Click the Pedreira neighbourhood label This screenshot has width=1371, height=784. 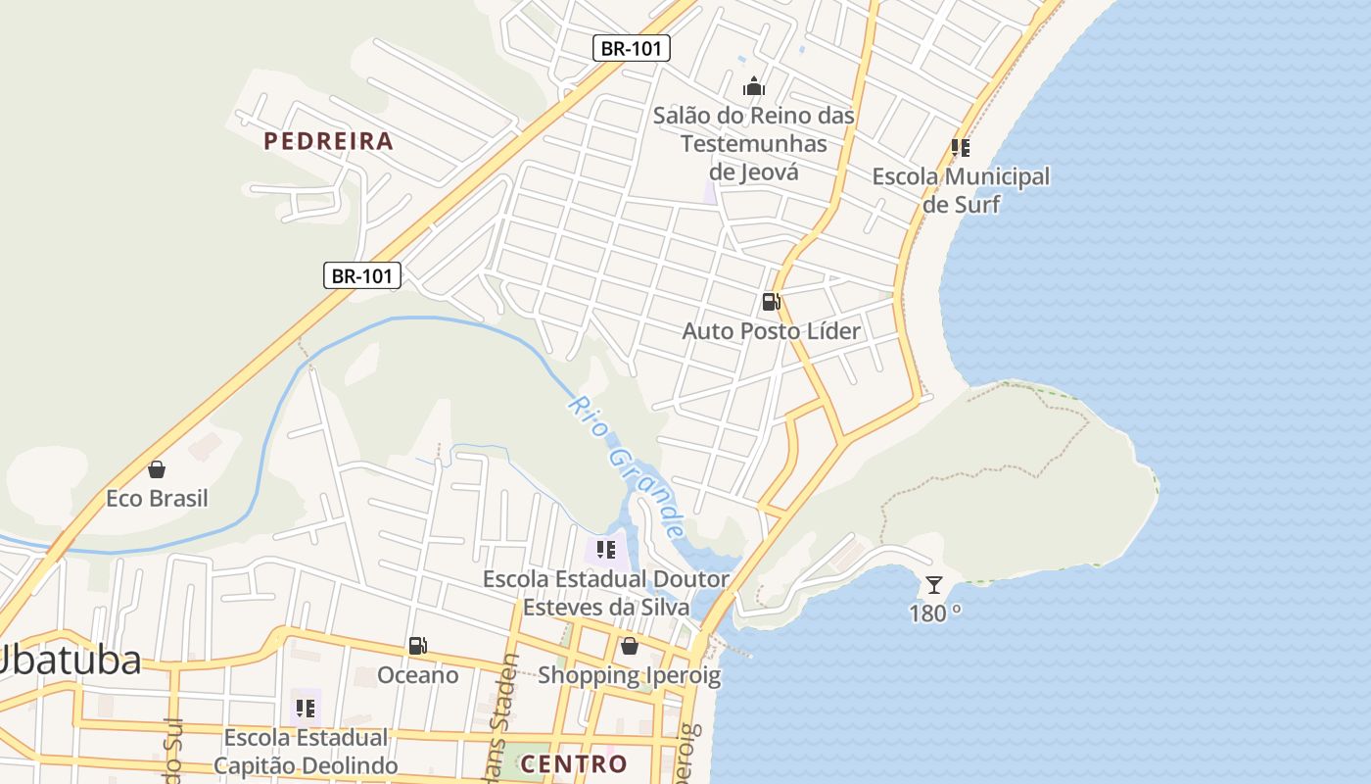coord(329,141)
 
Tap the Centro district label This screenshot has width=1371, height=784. coord(574,763)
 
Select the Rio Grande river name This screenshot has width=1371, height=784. coord(625,466)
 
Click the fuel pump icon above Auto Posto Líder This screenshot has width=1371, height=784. coord(771,302)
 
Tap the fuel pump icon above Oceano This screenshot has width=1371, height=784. coord(417,646)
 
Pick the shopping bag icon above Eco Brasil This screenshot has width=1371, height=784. coord(157,469)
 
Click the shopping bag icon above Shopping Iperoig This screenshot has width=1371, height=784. coord(630,646)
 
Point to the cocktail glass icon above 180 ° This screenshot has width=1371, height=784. coord(934,585)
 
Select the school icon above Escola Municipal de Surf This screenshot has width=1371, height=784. coord(961,148)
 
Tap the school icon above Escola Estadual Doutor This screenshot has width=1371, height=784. coord(605,550)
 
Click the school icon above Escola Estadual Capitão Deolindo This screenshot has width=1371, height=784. coord(306,708)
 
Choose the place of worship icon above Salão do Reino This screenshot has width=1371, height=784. coord(753,86)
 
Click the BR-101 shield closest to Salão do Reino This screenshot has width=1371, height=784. coord(632,48)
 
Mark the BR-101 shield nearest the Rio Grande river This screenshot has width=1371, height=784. coord(362,275)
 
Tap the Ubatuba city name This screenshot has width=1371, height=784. coord(69,661)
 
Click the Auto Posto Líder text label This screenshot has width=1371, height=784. coord(771,331)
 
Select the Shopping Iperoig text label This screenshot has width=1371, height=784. coord(629,675)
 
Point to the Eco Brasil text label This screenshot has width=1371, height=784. coord(157,499)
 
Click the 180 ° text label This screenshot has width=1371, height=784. coord(935,614)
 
